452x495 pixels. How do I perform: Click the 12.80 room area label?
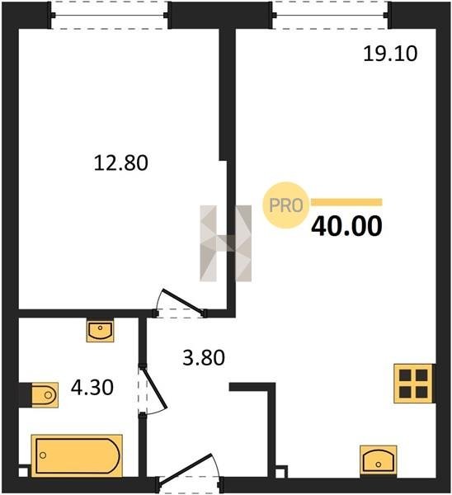pos(121,163)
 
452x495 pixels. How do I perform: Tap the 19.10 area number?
pos(390,54)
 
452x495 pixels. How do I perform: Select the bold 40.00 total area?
pos(346,226)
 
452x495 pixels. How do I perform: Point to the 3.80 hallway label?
pos(204,358)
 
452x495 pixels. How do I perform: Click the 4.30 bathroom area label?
pos(92,388)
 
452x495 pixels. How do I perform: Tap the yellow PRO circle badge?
pos(286,205)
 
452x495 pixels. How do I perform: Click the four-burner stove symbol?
pos(413,384)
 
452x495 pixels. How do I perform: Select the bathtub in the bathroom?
pos(77,455)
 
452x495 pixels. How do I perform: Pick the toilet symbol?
pos(45,394)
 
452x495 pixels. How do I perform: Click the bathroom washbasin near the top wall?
pos(100,331)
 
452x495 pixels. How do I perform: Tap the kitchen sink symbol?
pos(378,460)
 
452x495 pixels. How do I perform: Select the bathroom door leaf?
pos(153,388)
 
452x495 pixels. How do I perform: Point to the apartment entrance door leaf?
pos(186,468)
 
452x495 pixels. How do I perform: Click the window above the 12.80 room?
pos(109,15)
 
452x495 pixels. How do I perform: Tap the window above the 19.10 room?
pos(330,15)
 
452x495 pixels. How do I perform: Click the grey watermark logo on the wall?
pos(226,243)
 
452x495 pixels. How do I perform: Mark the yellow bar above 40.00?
pos(346,202)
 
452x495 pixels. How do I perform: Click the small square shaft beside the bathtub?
pos(23,472)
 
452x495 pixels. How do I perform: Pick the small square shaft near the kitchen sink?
pos(281,472)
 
